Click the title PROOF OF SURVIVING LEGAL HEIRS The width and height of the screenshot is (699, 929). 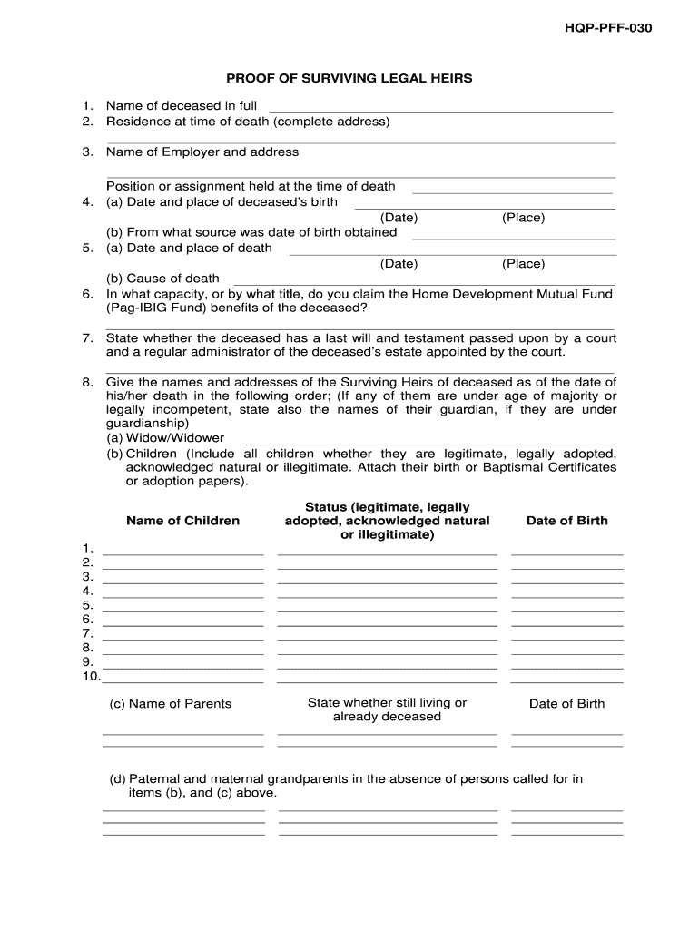click(349, 79)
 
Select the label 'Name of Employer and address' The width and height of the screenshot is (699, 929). click(202, 152)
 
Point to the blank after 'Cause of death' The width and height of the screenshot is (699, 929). click(425, 282)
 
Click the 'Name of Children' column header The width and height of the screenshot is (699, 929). click(182, 521)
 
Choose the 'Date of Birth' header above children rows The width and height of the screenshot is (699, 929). click(566, 521)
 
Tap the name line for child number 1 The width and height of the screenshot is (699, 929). click(183, 552)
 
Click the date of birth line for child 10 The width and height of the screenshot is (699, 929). click(566, 680)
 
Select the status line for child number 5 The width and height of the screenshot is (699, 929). click(387, 609)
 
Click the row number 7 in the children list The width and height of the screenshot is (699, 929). click(88, 633)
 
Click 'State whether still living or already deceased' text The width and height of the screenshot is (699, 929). click(387, 709)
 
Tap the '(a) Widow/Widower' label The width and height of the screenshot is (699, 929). click(165, 438)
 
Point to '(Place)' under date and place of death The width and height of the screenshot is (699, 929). click(523, 264)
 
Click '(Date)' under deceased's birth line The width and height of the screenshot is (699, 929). click(399, 218)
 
